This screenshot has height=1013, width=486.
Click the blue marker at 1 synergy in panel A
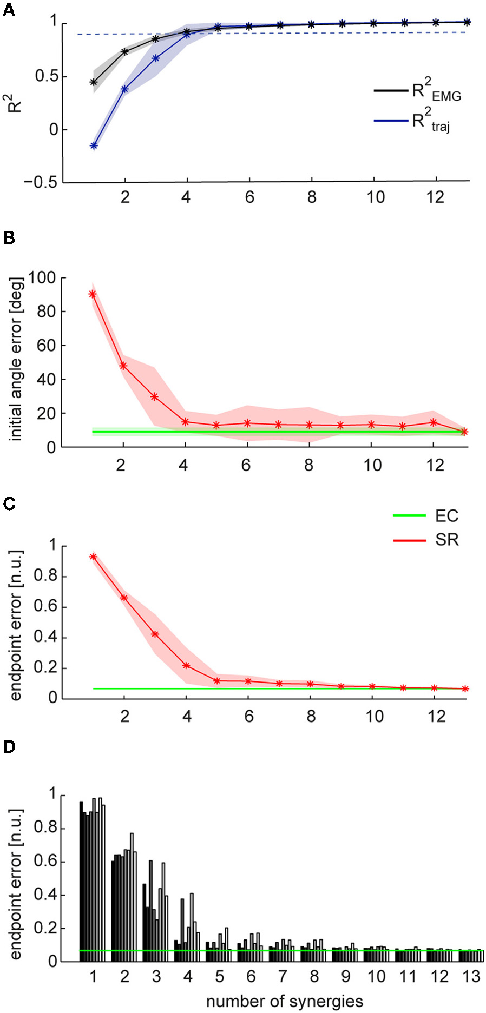94,145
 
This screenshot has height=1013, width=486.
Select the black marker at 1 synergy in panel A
94,82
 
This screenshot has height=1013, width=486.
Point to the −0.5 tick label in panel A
41,182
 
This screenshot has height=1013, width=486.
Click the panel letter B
9,238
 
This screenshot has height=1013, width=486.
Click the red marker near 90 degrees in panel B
93,294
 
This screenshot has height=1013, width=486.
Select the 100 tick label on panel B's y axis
42,278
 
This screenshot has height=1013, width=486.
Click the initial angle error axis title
16,359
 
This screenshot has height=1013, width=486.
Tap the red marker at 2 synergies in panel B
123,366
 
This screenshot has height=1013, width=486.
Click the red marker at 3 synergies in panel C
155,634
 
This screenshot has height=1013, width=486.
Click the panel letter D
9,747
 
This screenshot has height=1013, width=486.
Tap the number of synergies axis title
284,1001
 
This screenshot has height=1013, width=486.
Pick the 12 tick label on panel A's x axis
436,197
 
